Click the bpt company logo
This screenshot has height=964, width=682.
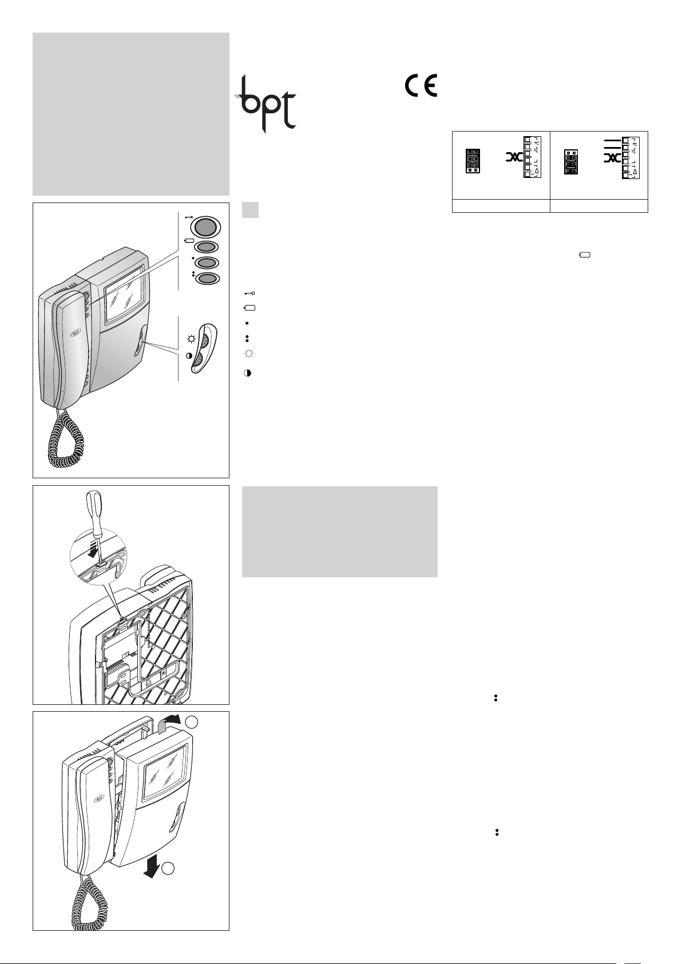(265, 104)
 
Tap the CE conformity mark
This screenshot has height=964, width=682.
(421, 85)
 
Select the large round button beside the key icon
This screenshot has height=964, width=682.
(205, 227)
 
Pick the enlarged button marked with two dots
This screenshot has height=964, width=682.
(207, 279)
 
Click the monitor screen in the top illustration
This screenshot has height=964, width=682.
(124, 295)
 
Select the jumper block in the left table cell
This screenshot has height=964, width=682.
(473, 161)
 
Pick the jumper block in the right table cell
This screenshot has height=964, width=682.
(571, 162)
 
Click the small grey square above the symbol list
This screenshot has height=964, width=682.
(250, 210)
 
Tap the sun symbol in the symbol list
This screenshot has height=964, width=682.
(248, 354)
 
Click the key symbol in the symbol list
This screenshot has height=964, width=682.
(249, 293)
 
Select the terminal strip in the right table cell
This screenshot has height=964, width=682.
(631, 157)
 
